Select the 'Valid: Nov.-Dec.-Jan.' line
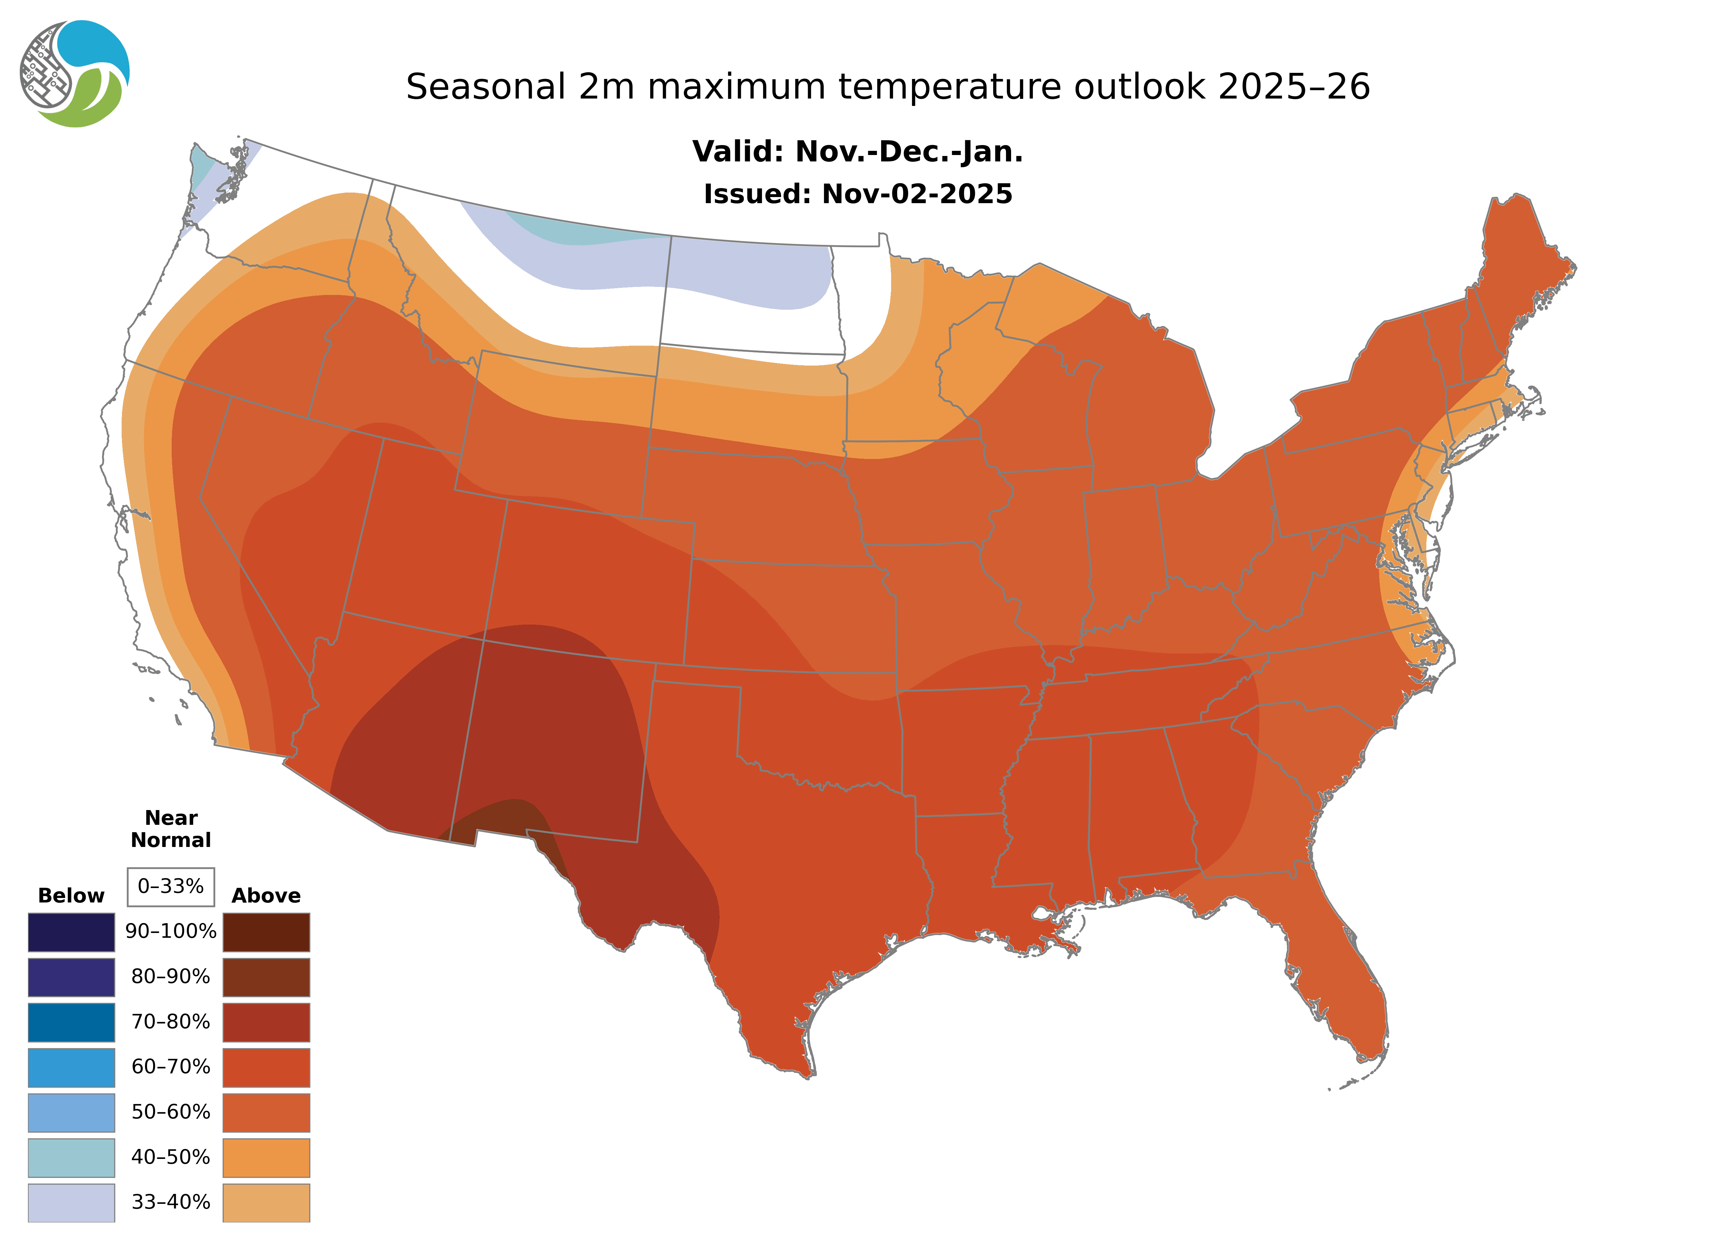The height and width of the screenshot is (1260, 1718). click(857, 152)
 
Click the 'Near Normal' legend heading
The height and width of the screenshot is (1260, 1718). click(171, 829)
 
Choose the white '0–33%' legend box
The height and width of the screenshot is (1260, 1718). click(171, 886)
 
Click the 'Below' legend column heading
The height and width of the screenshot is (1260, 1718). click(71, 895)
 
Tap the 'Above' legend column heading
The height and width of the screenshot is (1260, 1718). click(266, 895)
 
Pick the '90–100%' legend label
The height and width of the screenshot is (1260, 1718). click(171, 931)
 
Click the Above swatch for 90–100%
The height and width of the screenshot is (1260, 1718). click(266, 932)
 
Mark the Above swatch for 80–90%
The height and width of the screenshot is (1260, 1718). click(266, 977)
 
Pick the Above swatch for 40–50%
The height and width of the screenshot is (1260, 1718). click(266, 1157)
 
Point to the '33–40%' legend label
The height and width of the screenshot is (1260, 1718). click(171, 1202)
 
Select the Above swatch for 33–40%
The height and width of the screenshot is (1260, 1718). click(266, 1202)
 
